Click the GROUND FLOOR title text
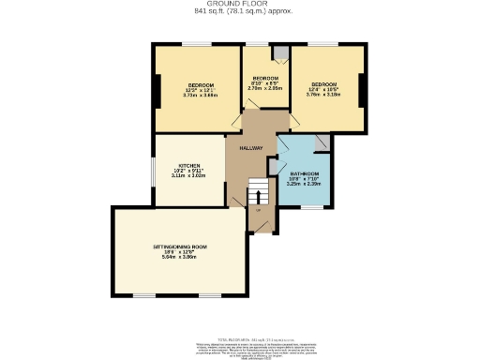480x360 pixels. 239,4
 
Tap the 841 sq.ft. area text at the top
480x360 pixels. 239,12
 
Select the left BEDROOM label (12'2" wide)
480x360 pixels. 200,85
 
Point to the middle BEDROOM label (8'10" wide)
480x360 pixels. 265,78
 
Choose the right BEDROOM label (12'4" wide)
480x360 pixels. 323,84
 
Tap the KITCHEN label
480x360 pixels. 187,166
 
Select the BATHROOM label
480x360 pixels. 304,174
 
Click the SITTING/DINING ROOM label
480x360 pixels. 180,247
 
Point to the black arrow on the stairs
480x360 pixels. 251,197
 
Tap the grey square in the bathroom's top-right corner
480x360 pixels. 322,142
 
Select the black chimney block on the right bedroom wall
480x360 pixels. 363,88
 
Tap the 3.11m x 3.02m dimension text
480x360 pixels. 187,175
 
